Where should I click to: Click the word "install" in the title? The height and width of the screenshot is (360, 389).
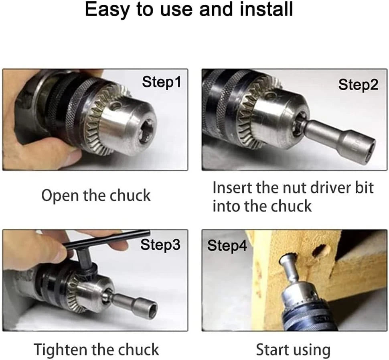tap(267, 9)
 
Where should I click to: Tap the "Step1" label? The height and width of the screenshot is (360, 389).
tap(162, 82)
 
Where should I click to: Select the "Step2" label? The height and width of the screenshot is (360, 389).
tap(358, 85)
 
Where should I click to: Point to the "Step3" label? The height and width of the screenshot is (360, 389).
tap(160, 245)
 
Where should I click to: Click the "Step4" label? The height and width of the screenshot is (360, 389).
tap(227, 246)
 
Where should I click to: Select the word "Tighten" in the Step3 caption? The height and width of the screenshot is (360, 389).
tap(61, 350)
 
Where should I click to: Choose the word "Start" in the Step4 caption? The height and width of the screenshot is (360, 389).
tap(271, 350)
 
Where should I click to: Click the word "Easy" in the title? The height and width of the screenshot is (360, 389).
tap(107, 10)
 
